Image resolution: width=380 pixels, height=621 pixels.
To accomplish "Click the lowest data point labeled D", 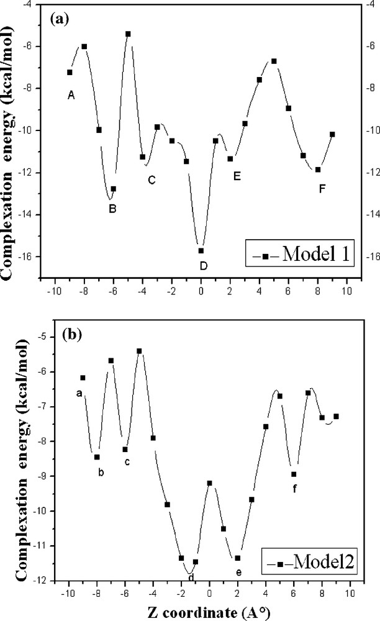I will tap(201, 250).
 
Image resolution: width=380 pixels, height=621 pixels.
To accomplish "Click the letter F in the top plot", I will tap(322, 188).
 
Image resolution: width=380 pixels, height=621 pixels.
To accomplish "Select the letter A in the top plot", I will tap(71, 95).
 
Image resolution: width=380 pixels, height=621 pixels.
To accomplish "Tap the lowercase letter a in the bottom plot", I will tap(79, 392).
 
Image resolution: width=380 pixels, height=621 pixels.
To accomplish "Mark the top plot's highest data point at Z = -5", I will tap(128, 34).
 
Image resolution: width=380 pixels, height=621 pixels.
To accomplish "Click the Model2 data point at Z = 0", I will tap(210, 483).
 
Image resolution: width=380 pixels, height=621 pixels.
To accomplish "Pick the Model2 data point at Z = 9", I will tap(337, 416).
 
